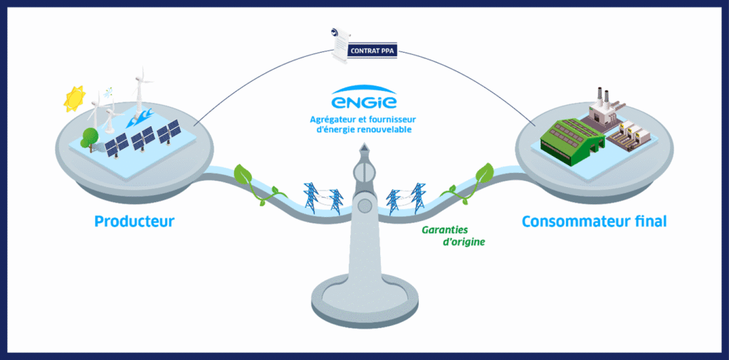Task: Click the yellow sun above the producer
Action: point(74,99)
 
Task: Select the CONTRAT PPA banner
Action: point(372,51)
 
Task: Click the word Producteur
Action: point(134,222)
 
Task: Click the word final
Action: point(648,221)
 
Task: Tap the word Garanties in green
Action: point(449,231)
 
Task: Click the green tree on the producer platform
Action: point(88,137)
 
